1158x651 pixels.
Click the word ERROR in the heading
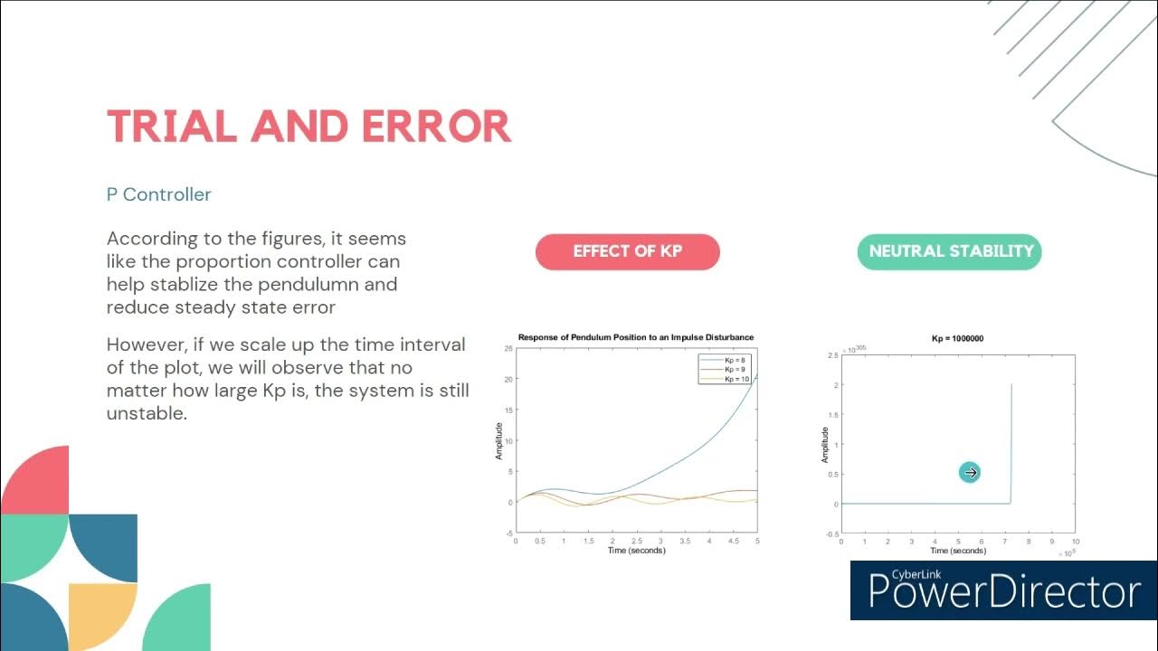click(x=436, y=127)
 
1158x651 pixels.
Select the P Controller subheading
click(x=159, y=194)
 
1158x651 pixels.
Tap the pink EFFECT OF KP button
click(x=627, y=251)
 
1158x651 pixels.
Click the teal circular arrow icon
click(x=970, y=472)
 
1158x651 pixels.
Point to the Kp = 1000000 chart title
click(x=957, y=339)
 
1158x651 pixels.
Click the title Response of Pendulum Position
click(x=635, y=338)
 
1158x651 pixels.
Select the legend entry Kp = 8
click(x=736, y=361)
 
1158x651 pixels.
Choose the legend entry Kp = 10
click(x=737, y=379)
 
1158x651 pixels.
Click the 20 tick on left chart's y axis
click(x=508, y=380)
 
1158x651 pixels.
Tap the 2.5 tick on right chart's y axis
click(x=832, y=355)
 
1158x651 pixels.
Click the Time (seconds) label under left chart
click(x=636, y=551)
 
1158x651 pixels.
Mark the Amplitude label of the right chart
click(x=825, y=445)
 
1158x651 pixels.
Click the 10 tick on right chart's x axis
click(x=1075, y=542)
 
